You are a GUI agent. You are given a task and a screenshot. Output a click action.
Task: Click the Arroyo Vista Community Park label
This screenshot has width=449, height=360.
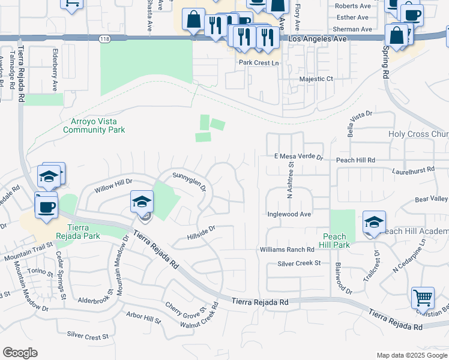click(x=94, y=125)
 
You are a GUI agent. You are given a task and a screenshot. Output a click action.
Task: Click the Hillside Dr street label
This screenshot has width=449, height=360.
click(x=200, y=232)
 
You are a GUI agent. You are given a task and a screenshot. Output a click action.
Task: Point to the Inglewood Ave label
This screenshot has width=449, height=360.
click(x=289, y=214)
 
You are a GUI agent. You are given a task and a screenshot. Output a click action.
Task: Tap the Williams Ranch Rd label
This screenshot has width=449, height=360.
click(x=287, y=250)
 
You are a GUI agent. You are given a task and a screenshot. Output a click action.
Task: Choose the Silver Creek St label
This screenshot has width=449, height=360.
click(x=299, y=263)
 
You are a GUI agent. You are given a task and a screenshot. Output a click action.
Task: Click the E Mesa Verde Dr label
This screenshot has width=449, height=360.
click(x=298, y=157)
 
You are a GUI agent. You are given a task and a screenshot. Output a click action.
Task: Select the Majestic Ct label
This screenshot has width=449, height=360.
click(x=316, y=79)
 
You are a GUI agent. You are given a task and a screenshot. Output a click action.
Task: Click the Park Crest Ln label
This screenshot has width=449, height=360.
click(x=259, y=62)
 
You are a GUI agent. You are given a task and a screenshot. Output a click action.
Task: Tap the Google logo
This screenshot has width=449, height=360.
click(x=20, y=353)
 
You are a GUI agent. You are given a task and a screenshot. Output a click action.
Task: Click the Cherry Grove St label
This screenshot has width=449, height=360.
click(x=186, y=308)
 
